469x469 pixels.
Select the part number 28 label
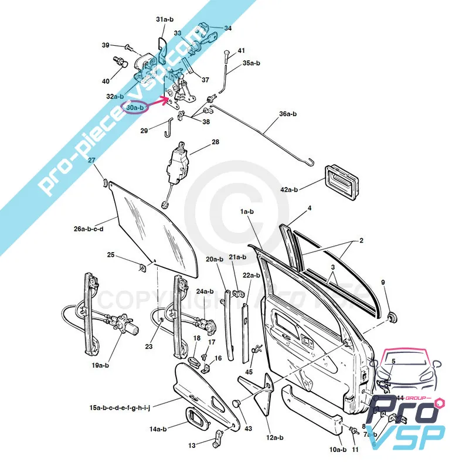click(215, 142)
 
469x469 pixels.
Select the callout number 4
click(310, 208)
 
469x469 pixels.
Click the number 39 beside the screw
click(106, 45)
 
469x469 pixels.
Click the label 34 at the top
click(227, 28)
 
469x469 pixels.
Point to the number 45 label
click(249, 371)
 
